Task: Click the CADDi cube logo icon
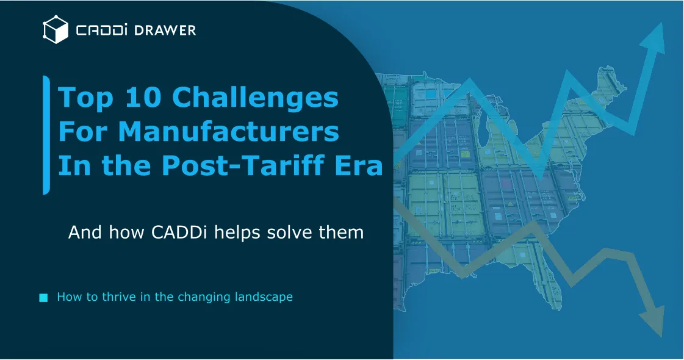pyautogui.click(x=55, y=30)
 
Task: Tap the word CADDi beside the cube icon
pyautogui.click(x=100, y=30)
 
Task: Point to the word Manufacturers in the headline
pyautogui.click(x=228, y=132)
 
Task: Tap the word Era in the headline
pyautogui.click(x=359, y=166)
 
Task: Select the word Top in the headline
pyautogui.click(x=85, y=98)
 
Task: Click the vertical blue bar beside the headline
pyautogui.click(x=46, y=135)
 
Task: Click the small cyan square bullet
pyautogui.click(x=43, y=298)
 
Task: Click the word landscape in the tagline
pyautogui.click(x=264, y=297)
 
